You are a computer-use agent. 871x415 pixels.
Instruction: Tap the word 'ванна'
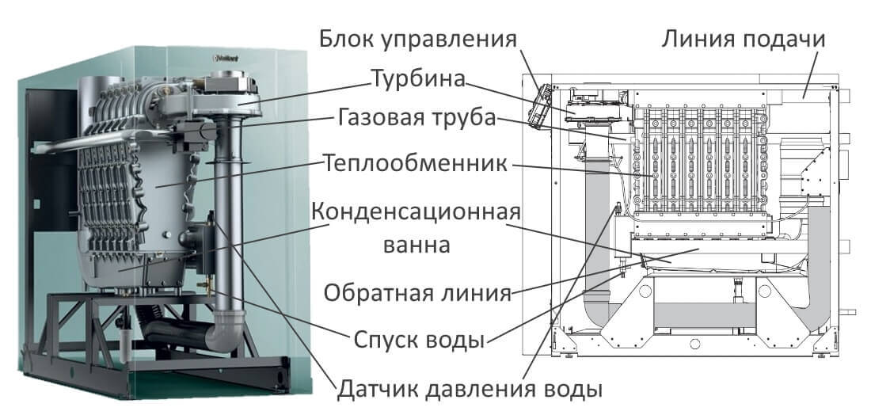[x=415, y=246]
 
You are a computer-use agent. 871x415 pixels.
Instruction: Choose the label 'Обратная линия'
[x=416, y=294]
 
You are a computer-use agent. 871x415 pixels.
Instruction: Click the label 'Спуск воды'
[x=417, y=341]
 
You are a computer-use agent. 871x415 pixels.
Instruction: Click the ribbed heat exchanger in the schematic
[x=697, y=162]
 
